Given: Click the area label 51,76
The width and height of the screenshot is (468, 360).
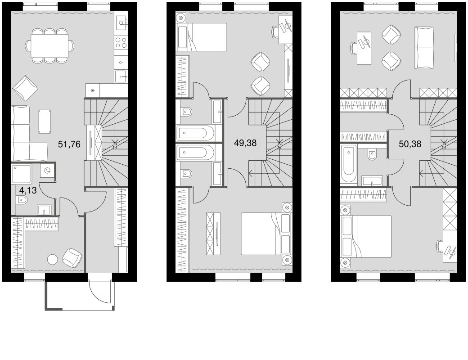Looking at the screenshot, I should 69,144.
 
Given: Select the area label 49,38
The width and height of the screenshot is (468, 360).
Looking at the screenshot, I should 245,143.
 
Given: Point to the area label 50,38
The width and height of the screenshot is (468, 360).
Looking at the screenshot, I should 410,144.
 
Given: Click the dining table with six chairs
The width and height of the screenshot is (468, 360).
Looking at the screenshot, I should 49,45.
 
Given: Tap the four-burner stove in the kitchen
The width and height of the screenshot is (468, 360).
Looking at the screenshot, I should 121,43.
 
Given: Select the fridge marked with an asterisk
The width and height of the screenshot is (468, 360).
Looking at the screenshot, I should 93,90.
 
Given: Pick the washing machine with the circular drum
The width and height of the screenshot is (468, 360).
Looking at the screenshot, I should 47,171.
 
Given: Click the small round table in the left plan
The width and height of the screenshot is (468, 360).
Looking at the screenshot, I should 53,259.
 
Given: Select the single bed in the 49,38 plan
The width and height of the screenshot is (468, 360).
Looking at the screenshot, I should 202,36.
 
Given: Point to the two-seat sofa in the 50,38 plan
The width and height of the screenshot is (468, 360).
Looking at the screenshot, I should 424,47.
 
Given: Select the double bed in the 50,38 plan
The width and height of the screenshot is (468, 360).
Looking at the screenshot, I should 366,236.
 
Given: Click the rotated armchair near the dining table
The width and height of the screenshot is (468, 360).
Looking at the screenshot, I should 26,88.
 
